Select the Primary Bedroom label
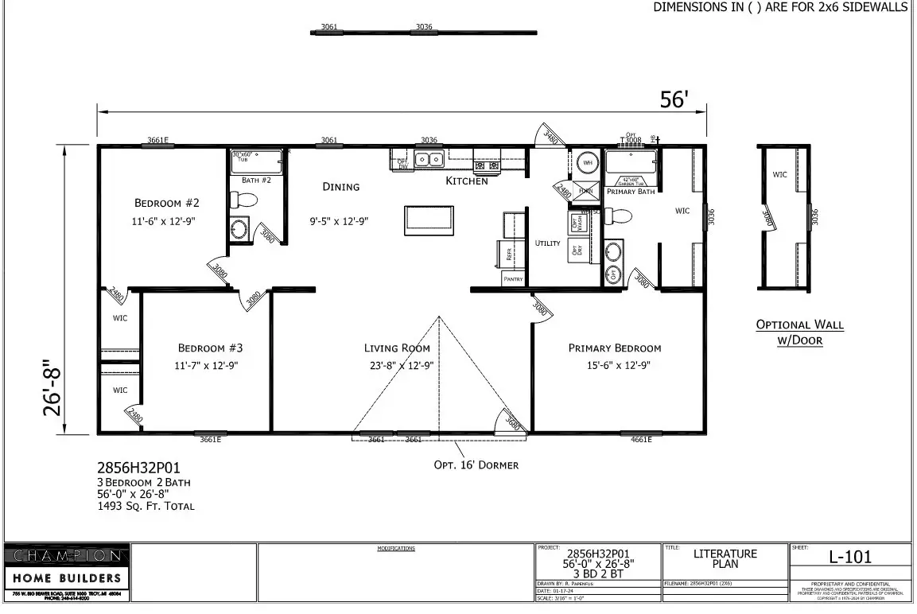(614, 348)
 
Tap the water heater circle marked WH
(588, 162)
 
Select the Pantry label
(513, 279)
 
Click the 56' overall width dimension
(674, 100)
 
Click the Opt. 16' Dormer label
(476, 465)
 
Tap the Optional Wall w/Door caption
(799, 332)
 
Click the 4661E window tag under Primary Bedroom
(641, 439)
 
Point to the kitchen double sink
(430, 160)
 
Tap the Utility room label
(547, 243)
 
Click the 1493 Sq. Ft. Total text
(146, 506)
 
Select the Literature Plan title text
(725, 558)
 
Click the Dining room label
(340, 187)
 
